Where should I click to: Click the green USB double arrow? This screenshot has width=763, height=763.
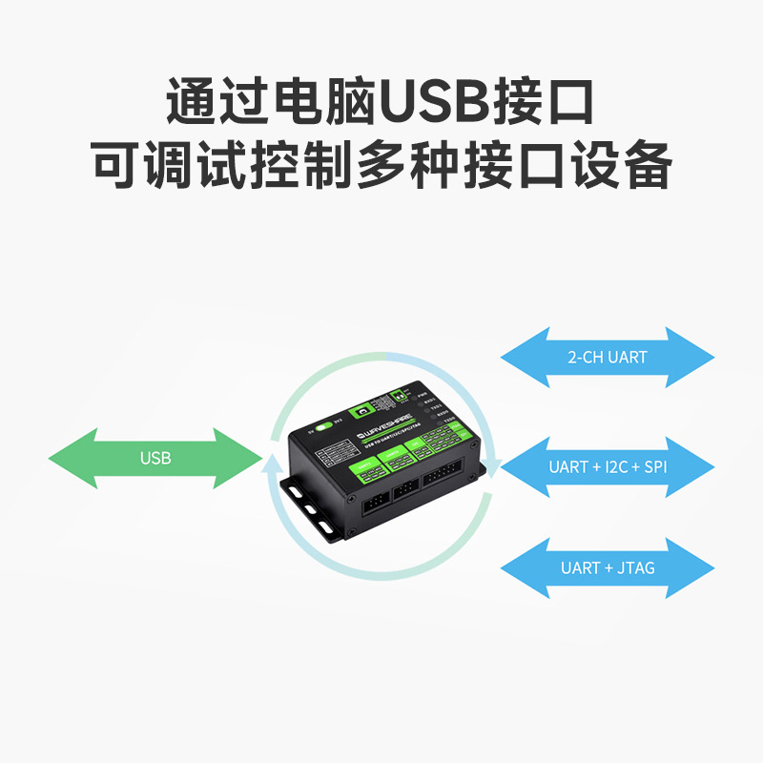pos(155,459)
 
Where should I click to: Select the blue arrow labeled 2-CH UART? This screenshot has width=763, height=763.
pos(608,358)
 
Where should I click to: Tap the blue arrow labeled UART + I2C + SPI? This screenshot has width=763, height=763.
pos(608,467)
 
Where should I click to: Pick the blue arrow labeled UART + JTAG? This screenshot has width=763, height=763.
pos(608,567)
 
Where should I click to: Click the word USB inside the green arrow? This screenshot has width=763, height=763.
pos(155,459)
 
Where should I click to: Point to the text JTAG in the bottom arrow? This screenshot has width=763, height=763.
pos(636,567)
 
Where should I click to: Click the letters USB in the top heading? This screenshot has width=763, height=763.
pos(433,103)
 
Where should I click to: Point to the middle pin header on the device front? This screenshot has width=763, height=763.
pos(405,488)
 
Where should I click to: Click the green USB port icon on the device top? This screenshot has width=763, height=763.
pos(362,410)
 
